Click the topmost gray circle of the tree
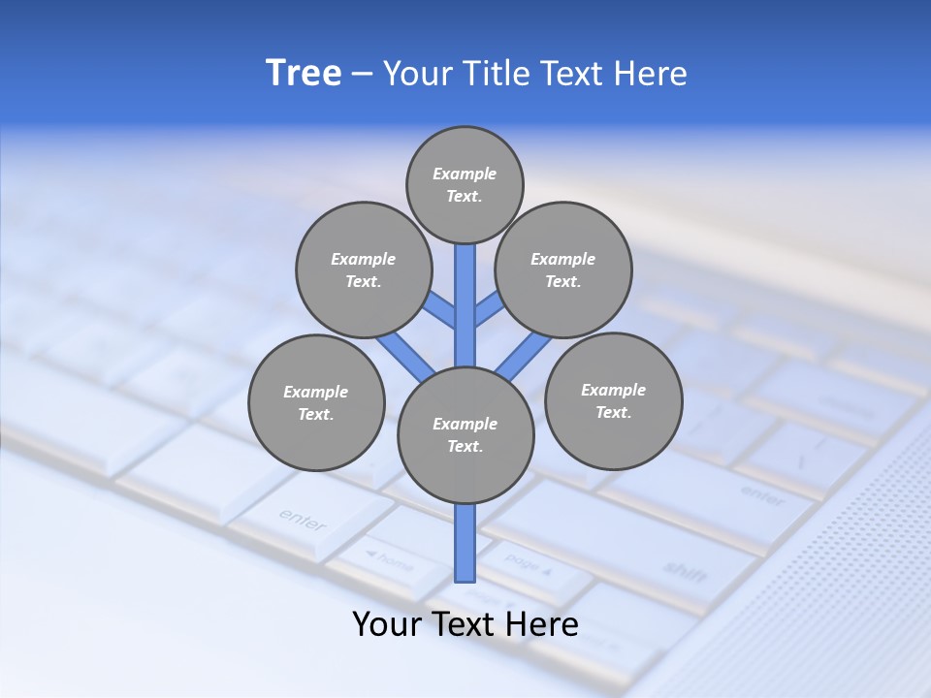pos(465,184)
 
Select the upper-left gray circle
pos(363,270)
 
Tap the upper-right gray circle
pos(563,270)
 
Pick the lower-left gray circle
pos(316,403)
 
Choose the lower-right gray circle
pos(613,401)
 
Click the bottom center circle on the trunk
pos(465,435)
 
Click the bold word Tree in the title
pos(304,73)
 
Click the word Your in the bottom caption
pos(387,624)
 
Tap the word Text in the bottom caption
pos(463,624)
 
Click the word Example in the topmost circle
pos(465,174)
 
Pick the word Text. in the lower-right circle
pos(613,413)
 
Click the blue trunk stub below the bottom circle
pos(465,543)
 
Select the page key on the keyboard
pos(529,564)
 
